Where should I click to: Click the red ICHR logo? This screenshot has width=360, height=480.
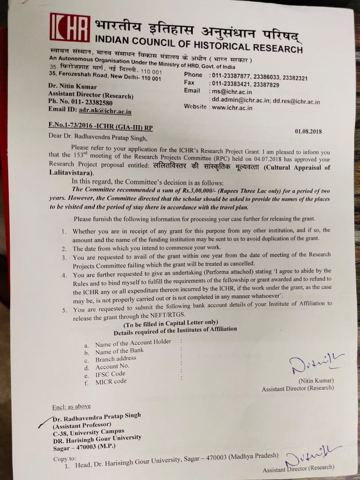pyautogui.click(x=70, y=27)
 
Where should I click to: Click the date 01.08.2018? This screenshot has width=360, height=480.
pyautogui.click(x=308, y=131)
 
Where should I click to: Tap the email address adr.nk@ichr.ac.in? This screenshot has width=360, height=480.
pyautogui.click(x=105, y=111)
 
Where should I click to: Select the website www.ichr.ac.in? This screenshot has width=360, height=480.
pyautogui.click(x=232, y=108)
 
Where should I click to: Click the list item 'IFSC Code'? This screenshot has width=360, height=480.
pyautogui.click(x=110, y=374)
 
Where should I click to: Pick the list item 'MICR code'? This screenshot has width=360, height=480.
pyautogui.click(x=111, y=382)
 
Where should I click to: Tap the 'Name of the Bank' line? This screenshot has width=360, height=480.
pyautogui.click(x=119, y=351)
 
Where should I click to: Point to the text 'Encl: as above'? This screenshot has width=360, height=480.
pyautogui.click(x=72, y=406)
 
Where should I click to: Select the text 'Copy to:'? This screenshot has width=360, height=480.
pyautogui.click(x=64, y=459)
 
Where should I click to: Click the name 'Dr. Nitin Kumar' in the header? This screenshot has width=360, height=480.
pyautogui.click(x=72, y=86)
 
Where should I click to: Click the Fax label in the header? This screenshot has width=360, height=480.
pyautogui.click(x=189, y=82)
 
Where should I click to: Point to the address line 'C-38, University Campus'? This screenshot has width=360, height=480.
pyautogui.click(x=88, y=432)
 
